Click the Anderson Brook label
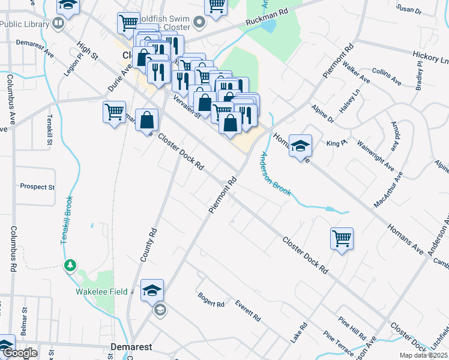click(275, 174)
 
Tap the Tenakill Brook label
click(67, 220)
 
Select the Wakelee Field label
click(101, 292)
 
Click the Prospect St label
click(37, 187)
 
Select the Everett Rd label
click(248, 310)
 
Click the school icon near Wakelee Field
click(152, 290)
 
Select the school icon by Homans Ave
click(300, 145)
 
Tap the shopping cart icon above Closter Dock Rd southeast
click(342, 238)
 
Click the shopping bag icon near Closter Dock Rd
click(146, 120)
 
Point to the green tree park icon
click(70, 265)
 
